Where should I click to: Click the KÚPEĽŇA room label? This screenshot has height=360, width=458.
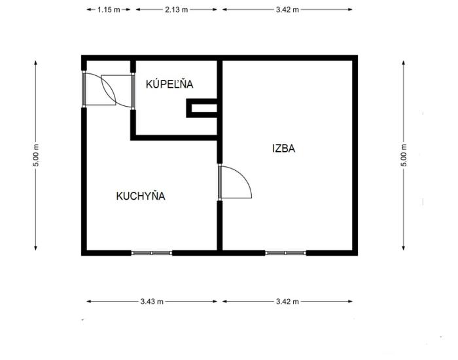pos(169,84)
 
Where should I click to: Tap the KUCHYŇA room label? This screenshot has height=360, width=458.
pos(141,196)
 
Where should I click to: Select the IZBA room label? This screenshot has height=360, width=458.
pos(283,149)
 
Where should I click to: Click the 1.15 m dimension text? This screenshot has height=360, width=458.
pos(109,10)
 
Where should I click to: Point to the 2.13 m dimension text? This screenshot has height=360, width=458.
pos(177,10)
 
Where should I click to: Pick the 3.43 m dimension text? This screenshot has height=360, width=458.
pos(152,301)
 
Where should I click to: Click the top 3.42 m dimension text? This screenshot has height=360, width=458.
pos(287,10)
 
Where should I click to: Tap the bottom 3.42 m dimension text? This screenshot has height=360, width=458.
pos(287,301)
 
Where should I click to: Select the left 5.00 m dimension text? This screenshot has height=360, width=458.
pos(35,155)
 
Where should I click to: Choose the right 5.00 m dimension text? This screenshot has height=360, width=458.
pos(404,155)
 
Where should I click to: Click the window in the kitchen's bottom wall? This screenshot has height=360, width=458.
pos(152,253)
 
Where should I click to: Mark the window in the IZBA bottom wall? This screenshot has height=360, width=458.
pos(286,253)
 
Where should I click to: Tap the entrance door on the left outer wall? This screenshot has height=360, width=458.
pos(84,89)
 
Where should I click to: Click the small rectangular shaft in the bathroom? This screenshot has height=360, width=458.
pos(202,108)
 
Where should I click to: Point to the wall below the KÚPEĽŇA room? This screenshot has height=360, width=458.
pos(174,137)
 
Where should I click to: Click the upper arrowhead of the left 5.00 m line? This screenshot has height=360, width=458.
pos(35,63)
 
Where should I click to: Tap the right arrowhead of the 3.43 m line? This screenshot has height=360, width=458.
pos(215,301)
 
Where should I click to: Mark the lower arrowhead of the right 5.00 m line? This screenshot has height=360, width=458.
pos(404,248)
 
